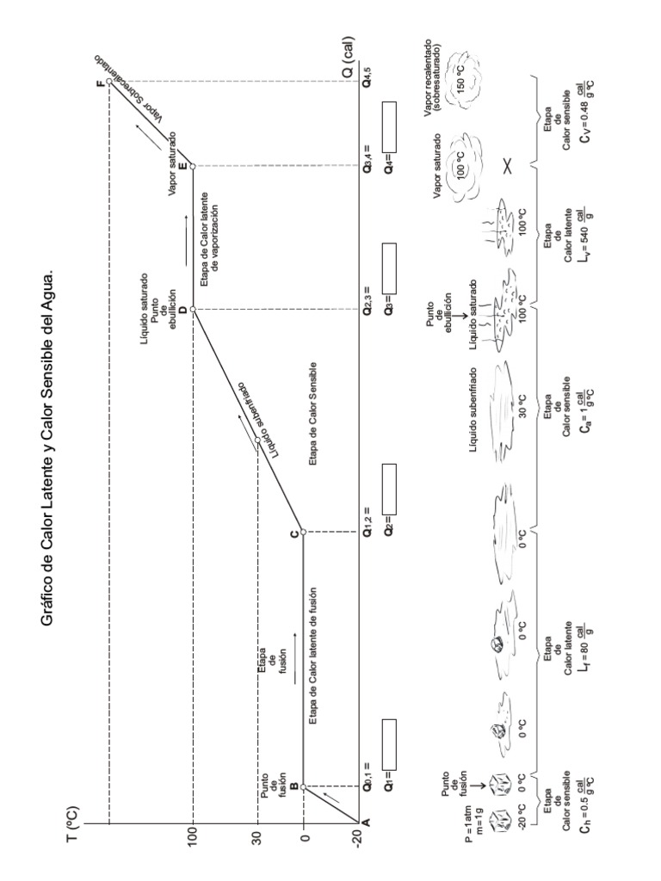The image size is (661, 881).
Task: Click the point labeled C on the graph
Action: click(x=303, y=531)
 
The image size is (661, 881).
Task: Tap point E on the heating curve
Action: click(x=193, y=165)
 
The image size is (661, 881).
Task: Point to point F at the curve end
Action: click(x=107, y=83)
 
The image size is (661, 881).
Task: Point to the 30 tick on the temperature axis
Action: click(x=257, y=836)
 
